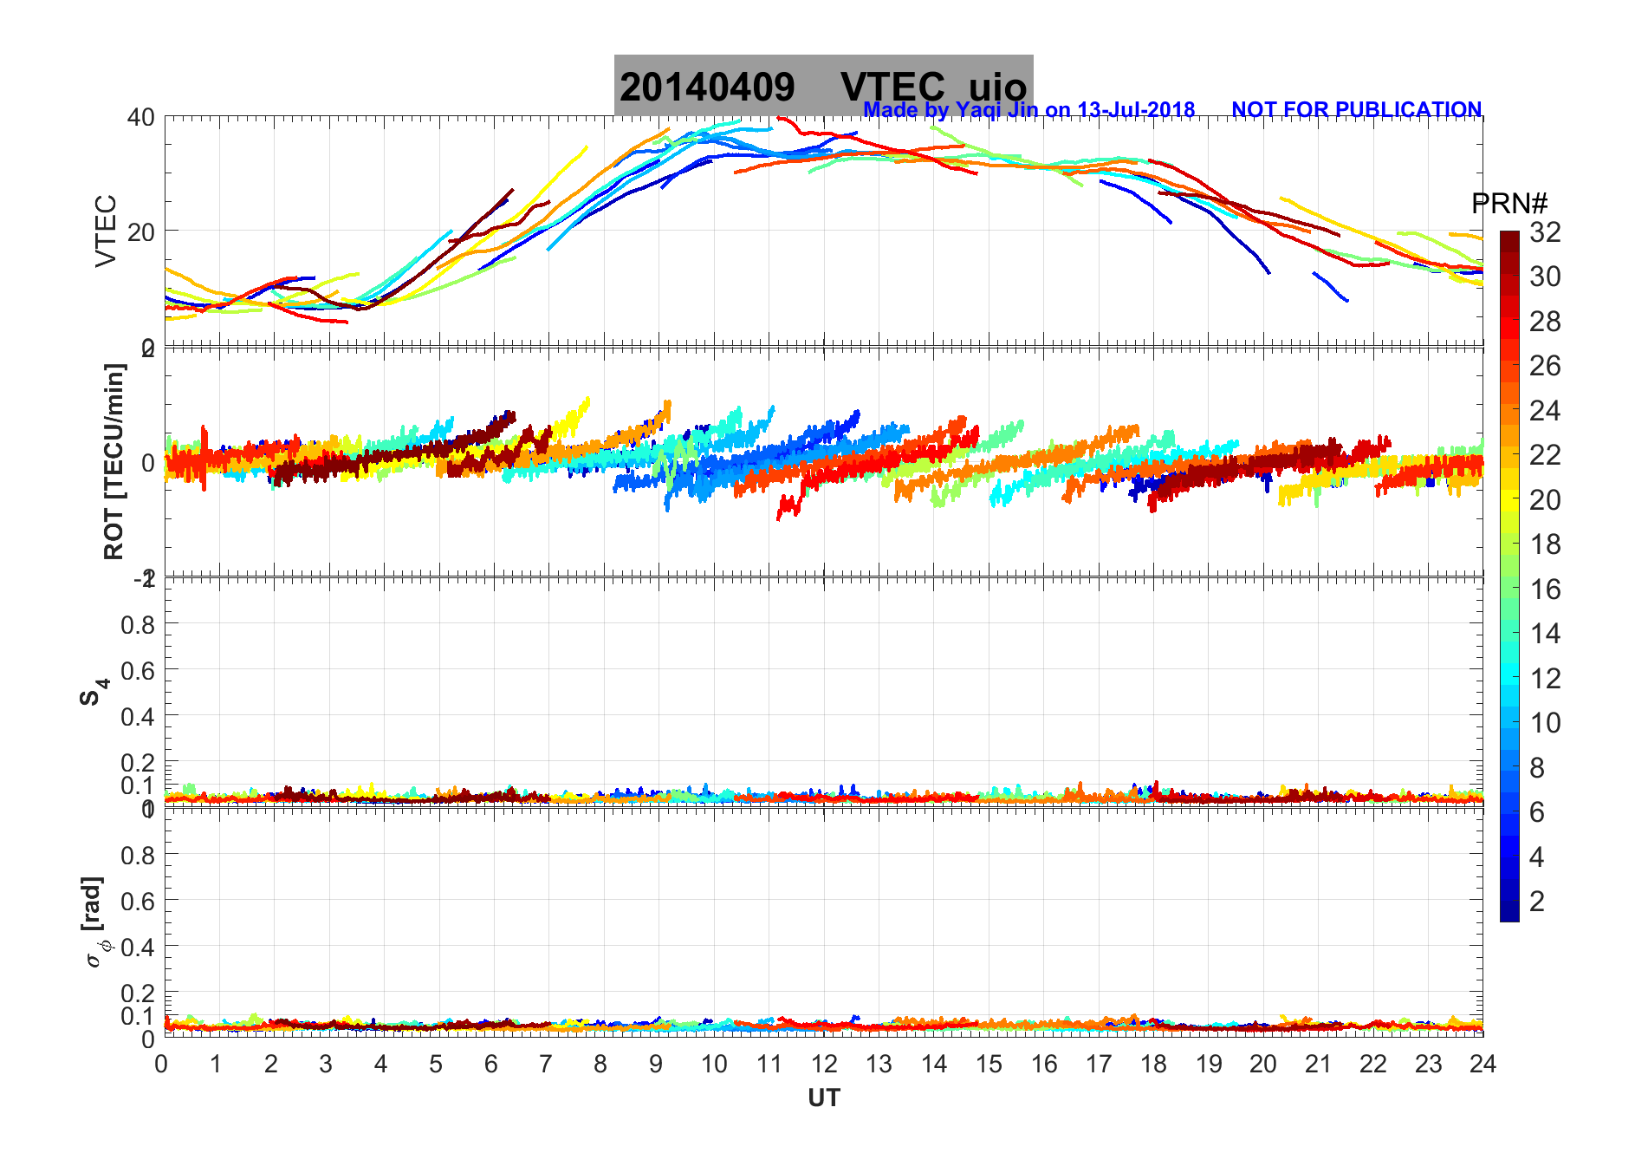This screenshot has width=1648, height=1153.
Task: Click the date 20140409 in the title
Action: pos(707,87)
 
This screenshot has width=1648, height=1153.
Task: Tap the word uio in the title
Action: pos(997,88)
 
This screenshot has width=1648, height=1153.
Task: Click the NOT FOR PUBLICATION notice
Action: pos(1356,110)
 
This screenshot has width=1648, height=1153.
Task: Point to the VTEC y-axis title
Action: pos(106,231)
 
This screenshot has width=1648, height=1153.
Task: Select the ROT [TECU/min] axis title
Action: pos(114,461)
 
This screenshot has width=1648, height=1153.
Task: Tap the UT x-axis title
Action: pos(823,1098)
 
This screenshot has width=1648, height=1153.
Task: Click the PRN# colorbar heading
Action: pos(1509,204)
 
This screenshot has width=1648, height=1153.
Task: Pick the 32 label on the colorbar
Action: pos(1545,231)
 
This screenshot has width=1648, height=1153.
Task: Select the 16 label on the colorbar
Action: pos(1545,590)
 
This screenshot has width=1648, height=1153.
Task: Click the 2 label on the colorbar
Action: pos(1537,902)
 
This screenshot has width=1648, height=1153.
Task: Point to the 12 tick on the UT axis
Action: pos(823,1064)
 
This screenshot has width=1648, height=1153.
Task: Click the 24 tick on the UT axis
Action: pos(1483,1064)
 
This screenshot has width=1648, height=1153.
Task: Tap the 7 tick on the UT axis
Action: pos(546,1064)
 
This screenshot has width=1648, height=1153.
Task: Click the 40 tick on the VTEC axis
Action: pos(141,117)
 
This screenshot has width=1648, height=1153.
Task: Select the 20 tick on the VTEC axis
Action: pos(141,231)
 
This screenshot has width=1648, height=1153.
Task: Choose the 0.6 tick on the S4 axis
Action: pos(138,670)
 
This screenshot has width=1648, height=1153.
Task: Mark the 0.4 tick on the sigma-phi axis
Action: pos(138,947)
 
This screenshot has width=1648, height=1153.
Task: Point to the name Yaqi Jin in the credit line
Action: pos(996,110)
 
